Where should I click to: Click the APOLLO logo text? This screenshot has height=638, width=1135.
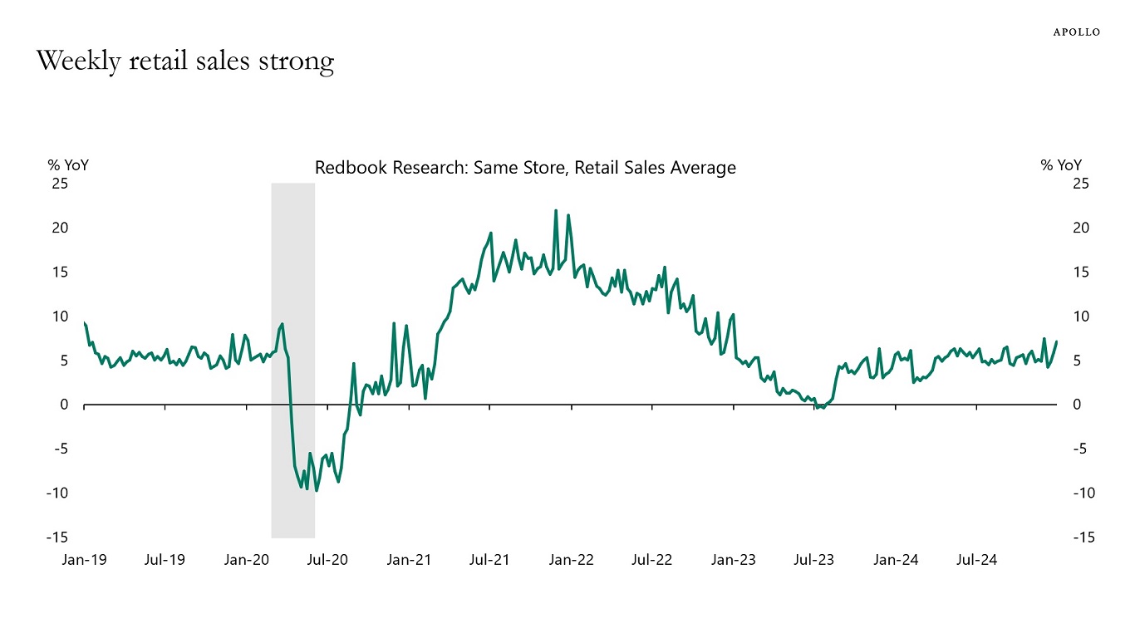(x=1076, y=32)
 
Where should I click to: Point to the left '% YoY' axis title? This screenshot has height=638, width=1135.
(x=68, y=165)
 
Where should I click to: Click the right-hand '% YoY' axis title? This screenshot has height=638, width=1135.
(x=1061, y=165)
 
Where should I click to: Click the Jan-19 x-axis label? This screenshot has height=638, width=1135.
(x=84, y=560)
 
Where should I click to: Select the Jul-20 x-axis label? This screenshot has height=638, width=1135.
(x=327, y=560)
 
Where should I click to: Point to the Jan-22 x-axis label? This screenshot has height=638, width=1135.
(x=571, y=560)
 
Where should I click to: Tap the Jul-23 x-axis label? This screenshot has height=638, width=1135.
(x=814, y=560)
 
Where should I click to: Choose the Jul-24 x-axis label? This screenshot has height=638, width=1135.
(x=976, y=560)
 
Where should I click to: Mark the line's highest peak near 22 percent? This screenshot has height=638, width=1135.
(x=555, y=211)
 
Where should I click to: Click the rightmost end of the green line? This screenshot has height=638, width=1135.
(x=1056, y=341)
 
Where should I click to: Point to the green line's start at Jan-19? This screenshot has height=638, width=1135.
(x=85, y=323)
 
